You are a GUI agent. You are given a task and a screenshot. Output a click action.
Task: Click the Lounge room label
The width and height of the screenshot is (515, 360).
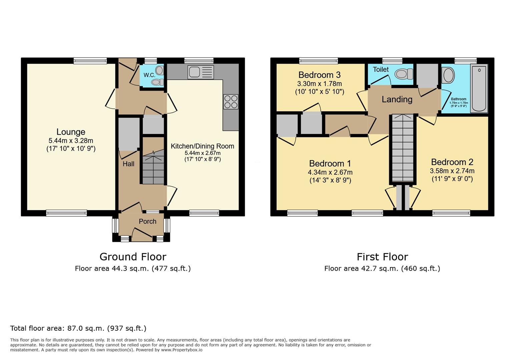pos(71,132)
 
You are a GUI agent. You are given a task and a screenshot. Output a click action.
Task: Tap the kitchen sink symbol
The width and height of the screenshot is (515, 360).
pos(201,72)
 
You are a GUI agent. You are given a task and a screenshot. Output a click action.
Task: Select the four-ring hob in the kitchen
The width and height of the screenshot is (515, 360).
pos(231,102)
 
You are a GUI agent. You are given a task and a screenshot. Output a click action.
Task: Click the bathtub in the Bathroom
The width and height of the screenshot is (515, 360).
pos(479,88)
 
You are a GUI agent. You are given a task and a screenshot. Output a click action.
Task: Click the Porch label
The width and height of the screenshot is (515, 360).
pos(147,221)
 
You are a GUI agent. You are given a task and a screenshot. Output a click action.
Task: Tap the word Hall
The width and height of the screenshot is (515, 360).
pos(128,164)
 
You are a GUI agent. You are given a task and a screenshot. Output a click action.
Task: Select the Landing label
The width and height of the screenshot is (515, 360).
pos(397,99)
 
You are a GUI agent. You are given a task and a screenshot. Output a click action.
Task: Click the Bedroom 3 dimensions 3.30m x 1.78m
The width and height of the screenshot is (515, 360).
pos(320,84)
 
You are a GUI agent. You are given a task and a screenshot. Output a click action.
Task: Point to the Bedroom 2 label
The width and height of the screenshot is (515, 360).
pos(452,162)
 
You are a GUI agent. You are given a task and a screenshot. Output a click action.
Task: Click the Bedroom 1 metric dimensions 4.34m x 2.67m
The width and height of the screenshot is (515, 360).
pos(330,172)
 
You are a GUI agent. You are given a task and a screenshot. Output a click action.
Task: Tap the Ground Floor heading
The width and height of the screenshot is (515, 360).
pos(133,257)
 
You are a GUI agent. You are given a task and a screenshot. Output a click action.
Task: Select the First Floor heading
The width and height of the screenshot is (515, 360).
pos(382,257)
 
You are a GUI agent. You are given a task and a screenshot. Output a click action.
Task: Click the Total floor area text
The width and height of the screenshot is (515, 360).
pos(78,328)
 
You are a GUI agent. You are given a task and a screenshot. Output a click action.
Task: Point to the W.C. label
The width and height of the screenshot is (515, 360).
pos(149,75)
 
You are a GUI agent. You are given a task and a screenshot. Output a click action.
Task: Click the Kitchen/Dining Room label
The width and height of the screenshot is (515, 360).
pos(202,146)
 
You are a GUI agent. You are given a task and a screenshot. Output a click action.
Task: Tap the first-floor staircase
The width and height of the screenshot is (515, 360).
pos(403,148)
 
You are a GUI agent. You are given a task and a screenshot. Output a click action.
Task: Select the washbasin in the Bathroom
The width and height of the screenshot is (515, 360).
pos(448,75)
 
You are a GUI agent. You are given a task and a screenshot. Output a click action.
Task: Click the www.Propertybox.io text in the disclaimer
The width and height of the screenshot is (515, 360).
pos(182,350)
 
